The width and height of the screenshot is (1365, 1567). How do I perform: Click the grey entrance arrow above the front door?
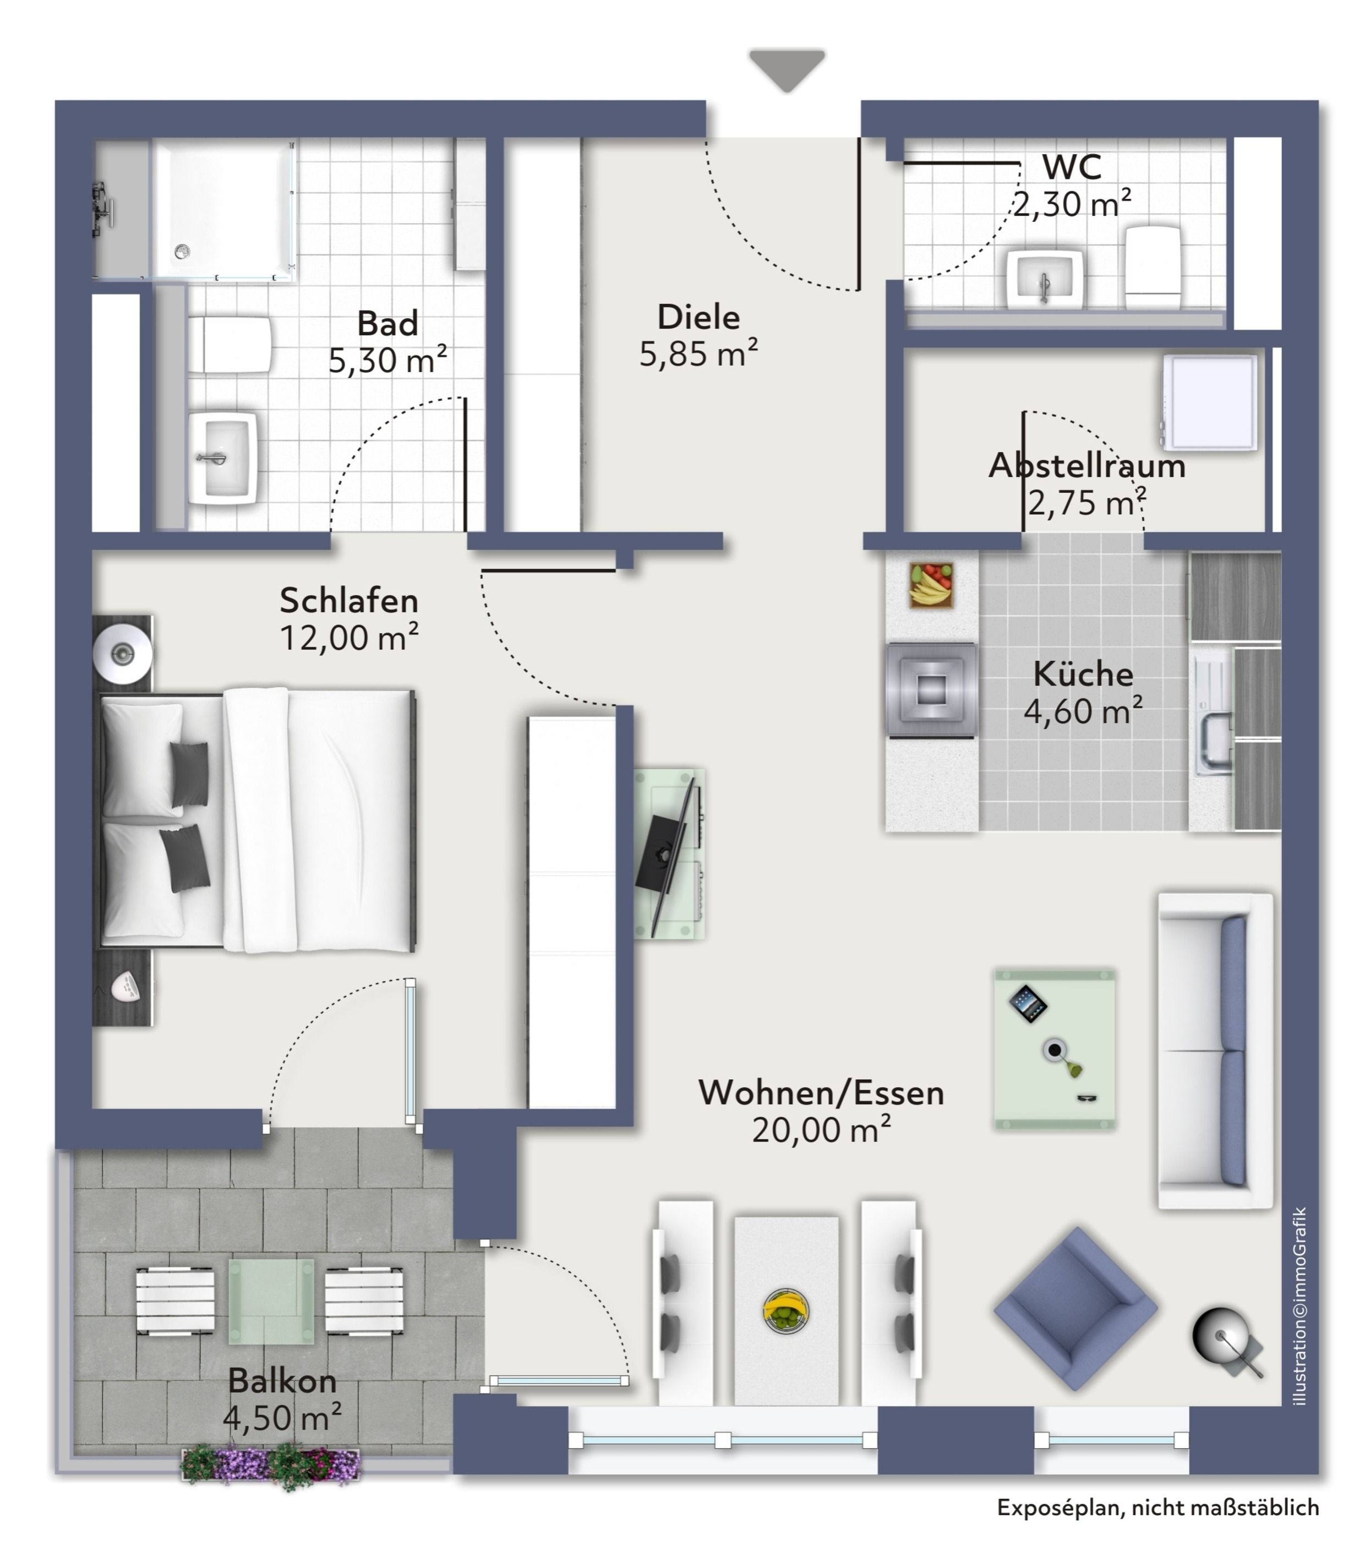[787, 69]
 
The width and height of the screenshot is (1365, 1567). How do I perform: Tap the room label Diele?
[698, 318]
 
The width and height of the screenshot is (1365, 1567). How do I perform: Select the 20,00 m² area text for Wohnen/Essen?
[821, 1130]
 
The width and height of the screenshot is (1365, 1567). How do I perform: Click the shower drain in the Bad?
[182, 250]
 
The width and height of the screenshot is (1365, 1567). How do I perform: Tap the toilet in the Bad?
[230, 344]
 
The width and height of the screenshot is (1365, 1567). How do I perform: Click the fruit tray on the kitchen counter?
[931, 585]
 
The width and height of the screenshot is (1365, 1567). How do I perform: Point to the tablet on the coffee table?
[1028, 1004]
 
